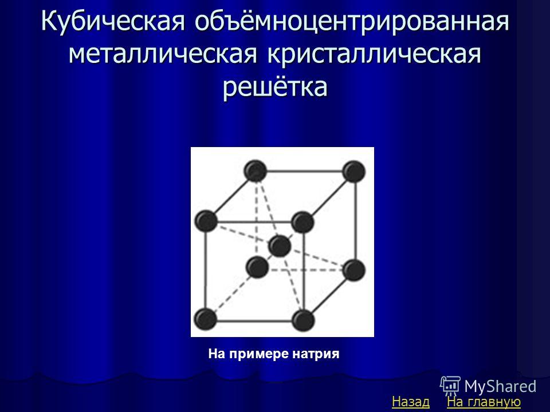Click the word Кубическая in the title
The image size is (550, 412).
113,22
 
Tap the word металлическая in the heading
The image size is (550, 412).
162,54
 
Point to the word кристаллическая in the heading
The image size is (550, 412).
374,54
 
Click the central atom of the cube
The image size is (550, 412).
280,246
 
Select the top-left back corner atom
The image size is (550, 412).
256,171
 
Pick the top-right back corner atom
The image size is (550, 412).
354,171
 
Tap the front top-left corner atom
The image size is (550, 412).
206,221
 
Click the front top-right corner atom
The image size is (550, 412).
302,222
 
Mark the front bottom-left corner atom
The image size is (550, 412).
206,319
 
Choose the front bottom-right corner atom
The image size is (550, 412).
303,320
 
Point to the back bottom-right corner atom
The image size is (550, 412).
354,270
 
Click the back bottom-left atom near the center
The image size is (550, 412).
257,267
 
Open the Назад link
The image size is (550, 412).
410,402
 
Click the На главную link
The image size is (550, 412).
484,402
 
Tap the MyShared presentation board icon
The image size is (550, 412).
450,386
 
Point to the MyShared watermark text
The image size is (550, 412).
500,386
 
